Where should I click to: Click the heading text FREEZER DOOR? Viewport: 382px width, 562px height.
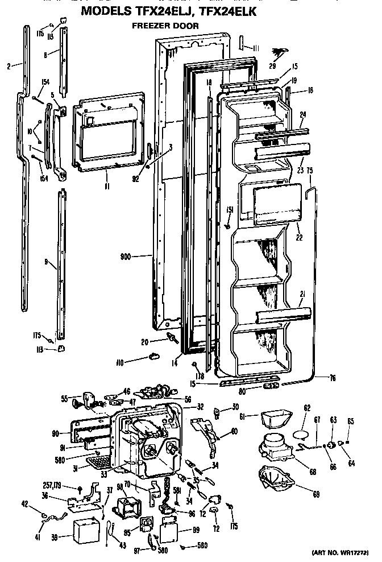pyautogui.click(x=165, y=25)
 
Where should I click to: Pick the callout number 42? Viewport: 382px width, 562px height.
pyautogui.click(x=24, y=502)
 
